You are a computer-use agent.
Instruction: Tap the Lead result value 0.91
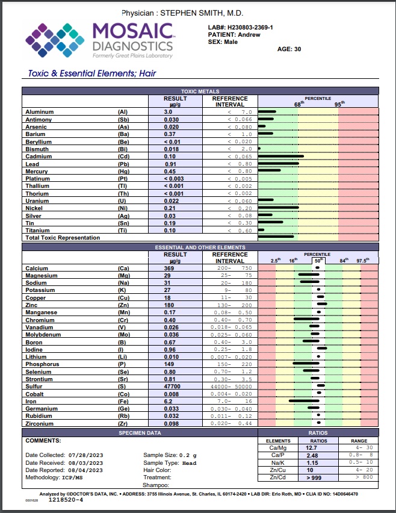click(170, 164)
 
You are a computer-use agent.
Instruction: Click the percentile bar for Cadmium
click(280, 157)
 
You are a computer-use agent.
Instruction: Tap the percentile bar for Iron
click(304, 401)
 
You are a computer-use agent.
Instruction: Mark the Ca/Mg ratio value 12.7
click(311, 448)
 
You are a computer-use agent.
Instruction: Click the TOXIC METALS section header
click(200, 91)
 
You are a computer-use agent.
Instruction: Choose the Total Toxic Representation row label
click(63, 237)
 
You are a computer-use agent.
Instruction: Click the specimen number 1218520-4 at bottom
click(66, 500)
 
